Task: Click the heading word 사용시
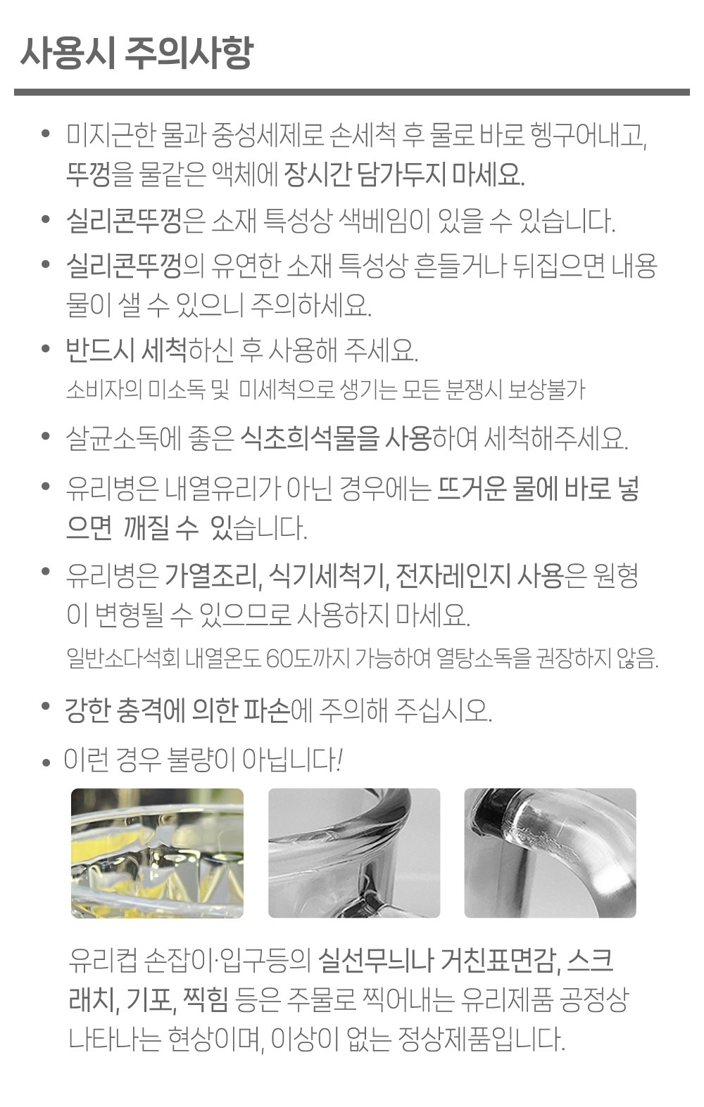(x=67, y=53)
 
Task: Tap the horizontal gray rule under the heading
(x=352, y=92)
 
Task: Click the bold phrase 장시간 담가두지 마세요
(x=403, y=174)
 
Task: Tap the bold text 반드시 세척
(x=126, y=350)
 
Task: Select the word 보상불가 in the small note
(x=547, y=390)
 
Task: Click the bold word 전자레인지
(x=453, y=577)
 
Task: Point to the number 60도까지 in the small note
(x=308, y=658)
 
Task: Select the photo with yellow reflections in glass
(x=157, y=853)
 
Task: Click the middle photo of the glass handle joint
(x=354, y=853)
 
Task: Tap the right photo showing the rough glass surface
(x=550, y=853)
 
